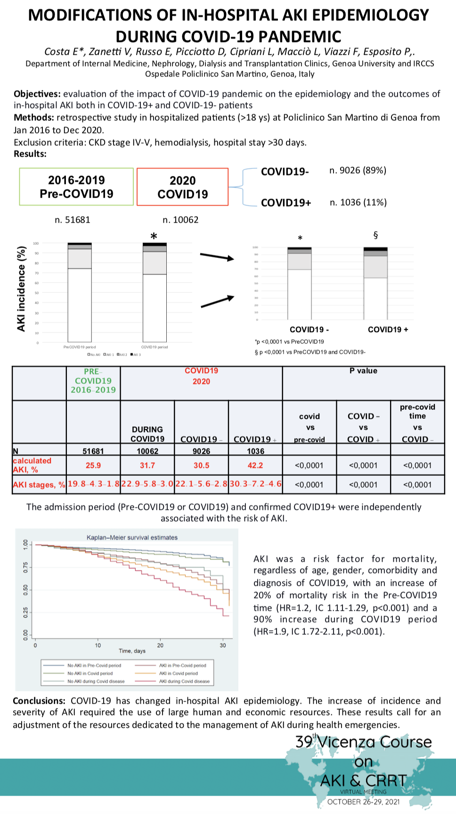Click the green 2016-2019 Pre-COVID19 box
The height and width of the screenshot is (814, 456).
coord(76,187)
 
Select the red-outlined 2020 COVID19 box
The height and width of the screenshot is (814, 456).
coord(183,187)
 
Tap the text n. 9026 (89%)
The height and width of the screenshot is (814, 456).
coord(358,170)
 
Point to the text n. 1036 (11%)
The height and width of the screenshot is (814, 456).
coord(358,202)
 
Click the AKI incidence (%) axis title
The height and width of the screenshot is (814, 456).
coord(21,289)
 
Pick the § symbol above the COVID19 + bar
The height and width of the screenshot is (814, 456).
coord(375,235)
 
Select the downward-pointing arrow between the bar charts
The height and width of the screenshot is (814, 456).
coord(217,257)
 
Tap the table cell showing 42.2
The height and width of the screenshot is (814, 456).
coord(255,465)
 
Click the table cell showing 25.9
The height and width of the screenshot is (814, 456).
coord(93,465)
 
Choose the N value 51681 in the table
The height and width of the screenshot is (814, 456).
coord(93,451)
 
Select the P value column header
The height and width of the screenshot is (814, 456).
coord(363,371)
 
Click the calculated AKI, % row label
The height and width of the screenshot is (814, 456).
coord(32,465)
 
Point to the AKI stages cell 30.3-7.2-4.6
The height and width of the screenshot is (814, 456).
coord(255,484)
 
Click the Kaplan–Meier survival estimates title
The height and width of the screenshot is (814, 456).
coord(132,537)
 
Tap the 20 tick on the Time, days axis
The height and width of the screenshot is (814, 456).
coord(160,645)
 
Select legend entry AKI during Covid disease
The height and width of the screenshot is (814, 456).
coord(184,681)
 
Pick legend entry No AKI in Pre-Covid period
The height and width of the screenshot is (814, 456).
coord(94,665)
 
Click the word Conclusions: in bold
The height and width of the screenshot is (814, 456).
coord(39,701)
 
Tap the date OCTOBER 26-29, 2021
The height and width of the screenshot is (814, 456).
coord(363,802)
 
